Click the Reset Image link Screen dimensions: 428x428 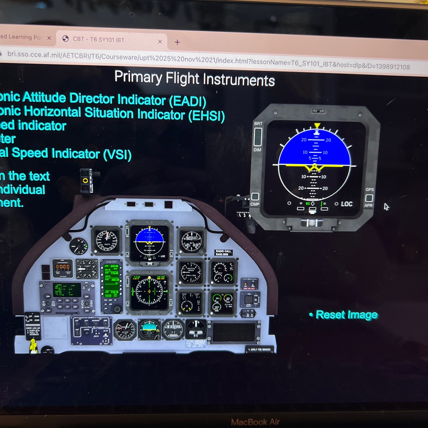[347, 315]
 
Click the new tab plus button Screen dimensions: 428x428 [177, 42]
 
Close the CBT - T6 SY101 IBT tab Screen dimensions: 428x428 [160, 41]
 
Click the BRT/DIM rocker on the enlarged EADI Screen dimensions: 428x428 [258, 137]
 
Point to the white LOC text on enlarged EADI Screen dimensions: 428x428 [347, 204]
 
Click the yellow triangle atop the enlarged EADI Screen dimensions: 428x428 [317, 125]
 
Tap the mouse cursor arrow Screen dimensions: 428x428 [386, 207]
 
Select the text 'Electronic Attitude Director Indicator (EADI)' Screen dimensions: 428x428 [103, 99]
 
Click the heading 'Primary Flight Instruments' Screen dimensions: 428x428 [194, 79]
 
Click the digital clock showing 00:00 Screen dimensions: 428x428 [63, 267]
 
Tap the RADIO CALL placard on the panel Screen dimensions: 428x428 [223, 253]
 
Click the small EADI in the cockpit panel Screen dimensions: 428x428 [150, 242]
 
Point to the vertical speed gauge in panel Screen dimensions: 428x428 [191, 272]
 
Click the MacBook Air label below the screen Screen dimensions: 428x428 [255, 422]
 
